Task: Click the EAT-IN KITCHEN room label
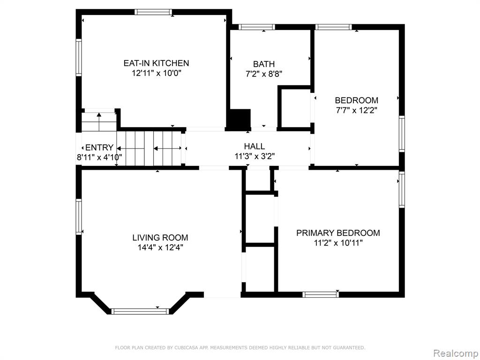coord(156,63)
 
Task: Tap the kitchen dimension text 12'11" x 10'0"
coord(157,73)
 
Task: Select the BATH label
coord(263,64)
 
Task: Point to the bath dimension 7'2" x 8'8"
coord(263,74)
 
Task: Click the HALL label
coord(255,146)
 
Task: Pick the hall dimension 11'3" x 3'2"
coord(255,157)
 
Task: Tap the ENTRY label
coord(99,148)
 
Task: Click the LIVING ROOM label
coord(160,238)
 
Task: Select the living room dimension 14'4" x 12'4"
coord(160,247)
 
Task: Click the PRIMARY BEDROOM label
coord(338,233)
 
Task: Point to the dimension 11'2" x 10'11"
coord(338,243)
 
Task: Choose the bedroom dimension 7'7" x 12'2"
coord(356,110)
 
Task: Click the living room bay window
coord(140,311)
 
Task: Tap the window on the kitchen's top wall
coord(153,12)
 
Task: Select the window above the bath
coord(256,27)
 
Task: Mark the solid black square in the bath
coord(240,118)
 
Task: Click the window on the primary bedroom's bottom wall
coord(321,294)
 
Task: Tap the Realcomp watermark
coord(456,353)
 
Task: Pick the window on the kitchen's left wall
coord(79,57)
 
